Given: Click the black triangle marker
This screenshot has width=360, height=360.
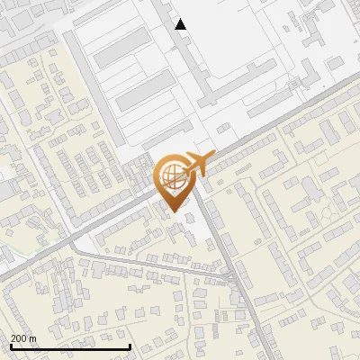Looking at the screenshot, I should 181,24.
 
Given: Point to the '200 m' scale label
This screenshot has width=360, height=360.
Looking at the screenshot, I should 23,338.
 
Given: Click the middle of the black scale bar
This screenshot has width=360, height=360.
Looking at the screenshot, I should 70,346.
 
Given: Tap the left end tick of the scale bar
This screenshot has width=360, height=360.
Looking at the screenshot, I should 11,346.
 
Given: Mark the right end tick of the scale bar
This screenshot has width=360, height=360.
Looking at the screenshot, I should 130,346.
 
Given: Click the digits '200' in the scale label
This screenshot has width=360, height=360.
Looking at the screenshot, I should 19,338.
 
